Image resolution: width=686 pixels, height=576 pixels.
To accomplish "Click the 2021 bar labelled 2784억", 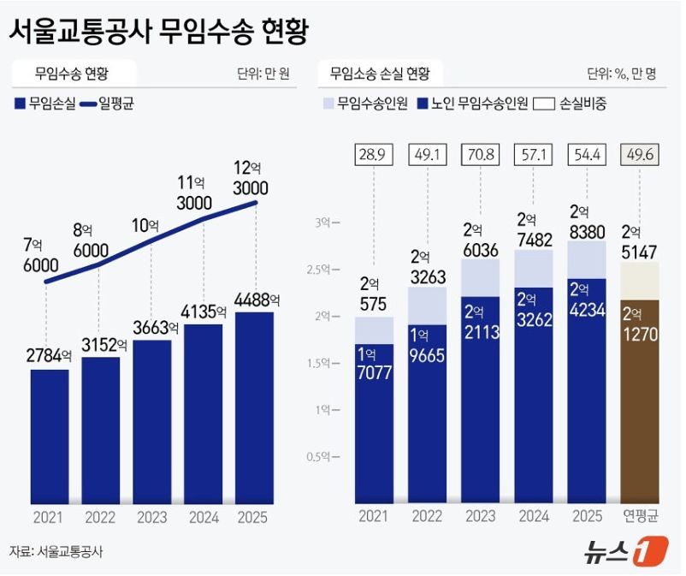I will tap(50, 436).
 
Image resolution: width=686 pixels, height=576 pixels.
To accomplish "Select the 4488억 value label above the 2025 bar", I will tap(256, 300).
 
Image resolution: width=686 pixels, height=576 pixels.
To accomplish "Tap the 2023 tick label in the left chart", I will tap(152, 517).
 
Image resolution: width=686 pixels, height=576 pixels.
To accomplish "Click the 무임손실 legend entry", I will tap(46, 104).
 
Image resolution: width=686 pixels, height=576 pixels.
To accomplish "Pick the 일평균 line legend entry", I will tap(108, 104).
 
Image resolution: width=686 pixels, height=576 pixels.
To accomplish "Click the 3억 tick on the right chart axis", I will tap(327, 223).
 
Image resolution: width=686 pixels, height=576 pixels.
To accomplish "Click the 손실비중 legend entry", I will tap(571, 104).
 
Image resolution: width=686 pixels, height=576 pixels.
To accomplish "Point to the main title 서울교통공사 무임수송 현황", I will tap(159, 32).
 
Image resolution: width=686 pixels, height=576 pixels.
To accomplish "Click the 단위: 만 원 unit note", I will tap(263, 73).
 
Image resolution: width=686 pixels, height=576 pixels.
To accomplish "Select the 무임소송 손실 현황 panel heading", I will tap(380, 73).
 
